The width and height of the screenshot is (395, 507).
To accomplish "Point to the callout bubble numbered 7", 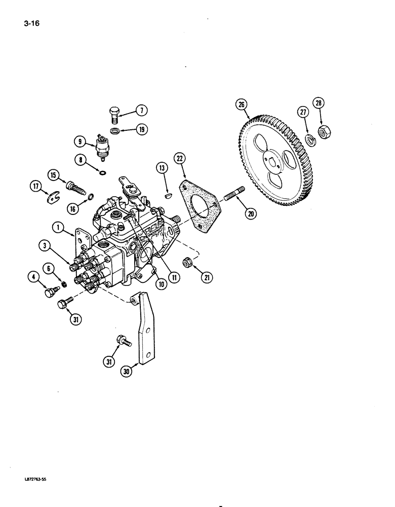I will point(140,110).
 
